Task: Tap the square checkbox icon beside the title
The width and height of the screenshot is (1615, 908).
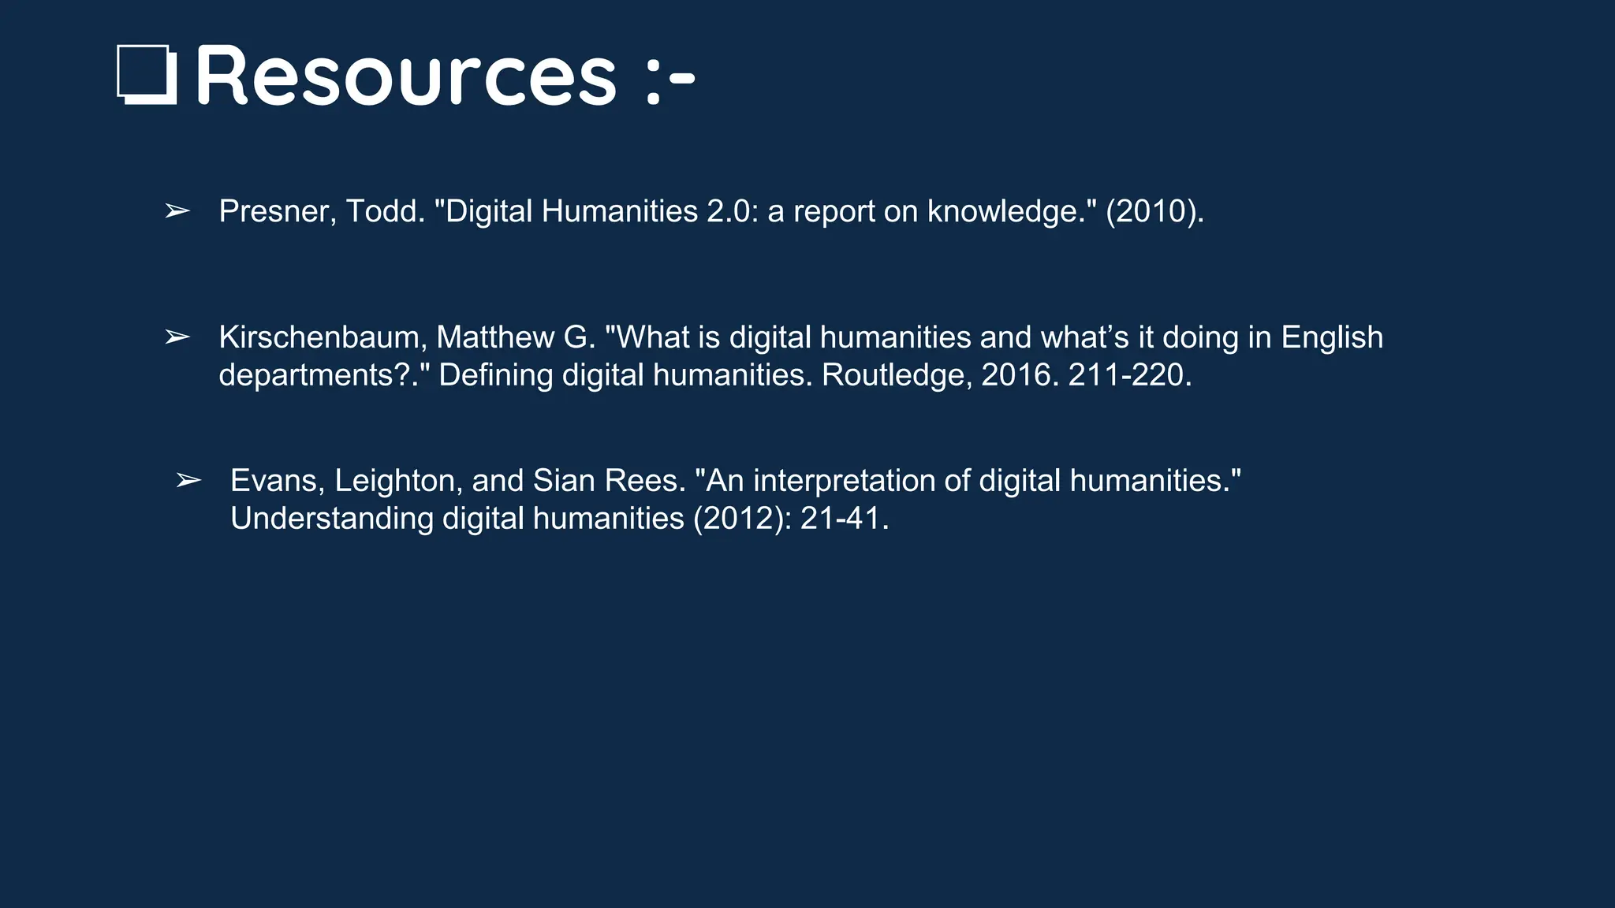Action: coord(147,75)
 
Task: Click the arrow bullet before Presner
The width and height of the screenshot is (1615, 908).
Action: coord(177,211)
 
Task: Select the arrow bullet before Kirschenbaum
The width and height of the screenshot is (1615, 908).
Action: coord(177,337)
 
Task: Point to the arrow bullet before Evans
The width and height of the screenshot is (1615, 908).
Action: coord(188,481)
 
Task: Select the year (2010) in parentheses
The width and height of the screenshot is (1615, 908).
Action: coord(1154,211)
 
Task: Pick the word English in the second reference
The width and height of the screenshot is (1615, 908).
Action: coord(1332,337)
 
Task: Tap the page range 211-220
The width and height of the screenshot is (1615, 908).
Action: coord(1128,375)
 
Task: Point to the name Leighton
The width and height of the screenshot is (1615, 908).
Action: coord(398,481)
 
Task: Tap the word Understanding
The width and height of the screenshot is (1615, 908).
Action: coord(332,519)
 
